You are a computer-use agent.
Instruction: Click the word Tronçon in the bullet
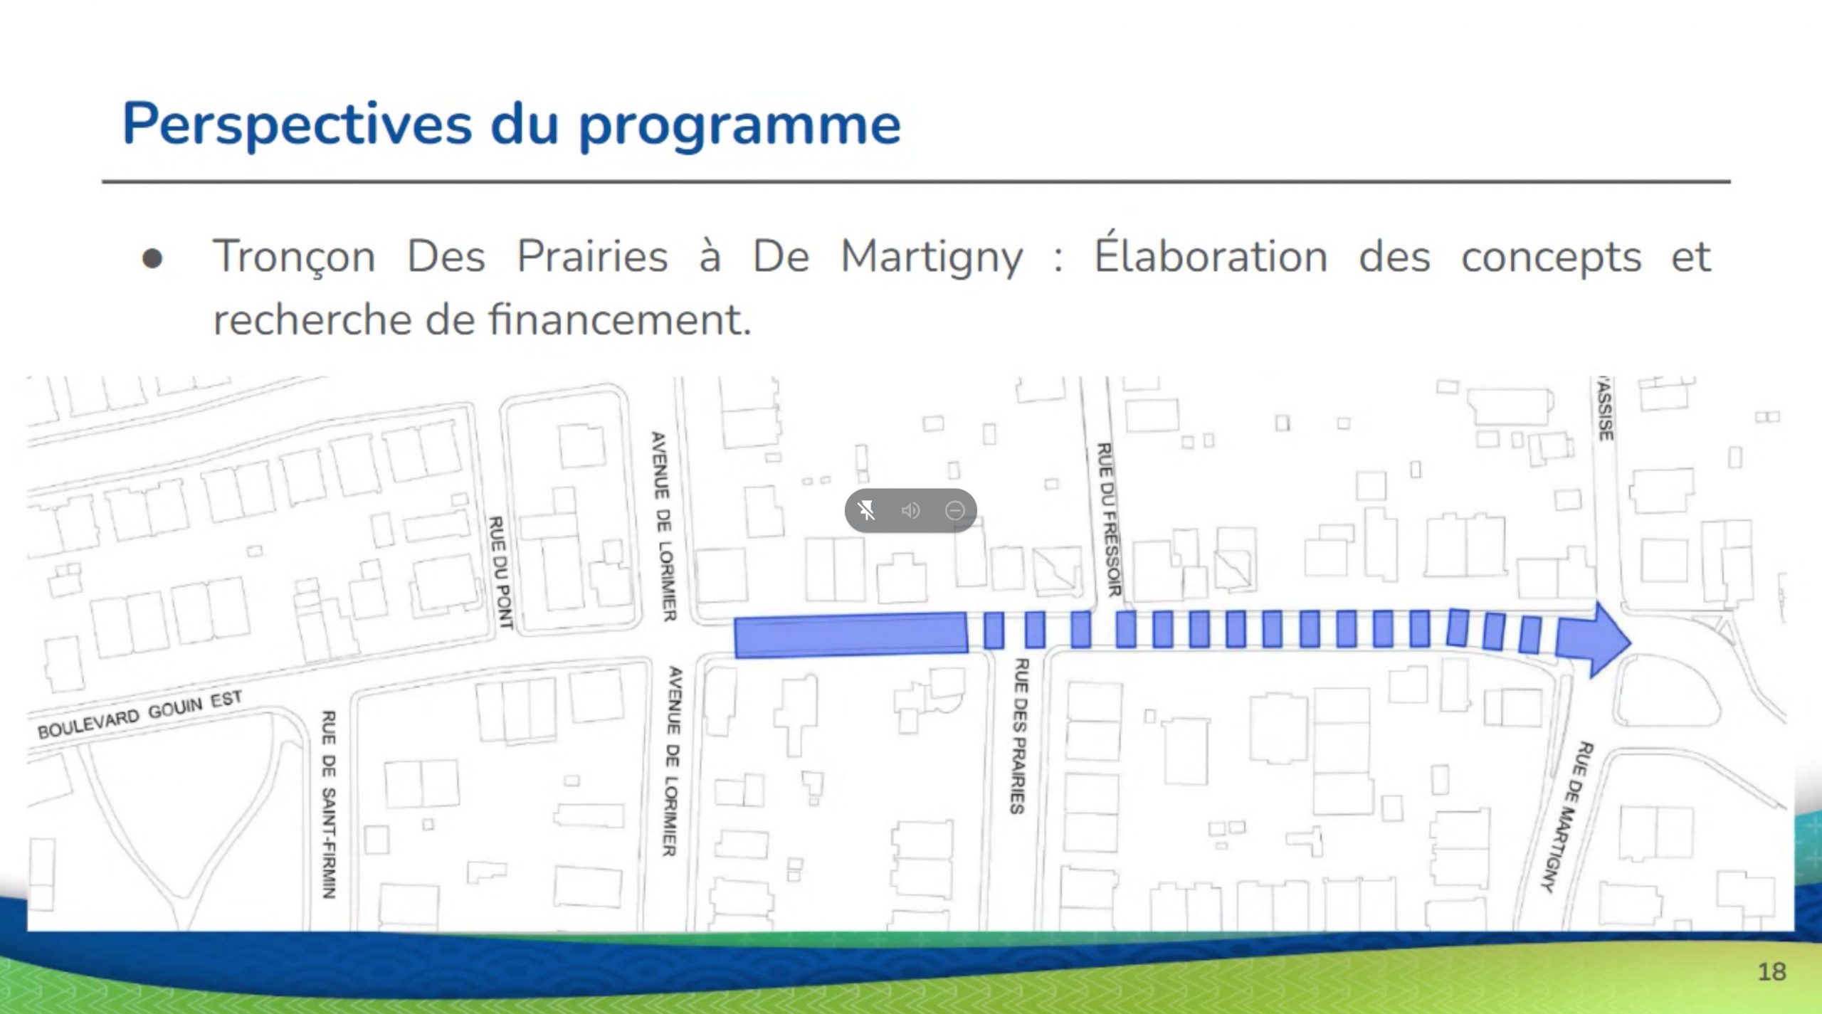295,257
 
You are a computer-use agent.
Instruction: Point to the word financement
619,319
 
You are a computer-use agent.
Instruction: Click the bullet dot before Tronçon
152,259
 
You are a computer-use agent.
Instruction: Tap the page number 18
1771,971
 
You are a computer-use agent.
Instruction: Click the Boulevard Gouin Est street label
140,714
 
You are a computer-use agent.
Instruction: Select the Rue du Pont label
500,573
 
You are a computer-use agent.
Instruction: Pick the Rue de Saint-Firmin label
328,804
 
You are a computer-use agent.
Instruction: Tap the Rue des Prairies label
1019,736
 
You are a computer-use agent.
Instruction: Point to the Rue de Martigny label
1567,815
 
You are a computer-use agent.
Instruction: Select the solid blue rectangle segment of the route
851,635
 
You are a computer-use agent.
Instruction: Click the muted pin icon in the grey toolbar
867,510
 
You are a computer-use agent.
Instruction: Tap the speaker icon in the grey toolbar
910,510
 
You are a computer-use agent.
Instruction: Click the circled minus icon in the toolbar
955,510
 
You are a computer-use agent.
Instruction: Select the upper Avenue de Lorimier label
663,526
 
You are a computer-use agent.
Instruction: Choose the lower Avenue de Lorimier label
673,761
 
